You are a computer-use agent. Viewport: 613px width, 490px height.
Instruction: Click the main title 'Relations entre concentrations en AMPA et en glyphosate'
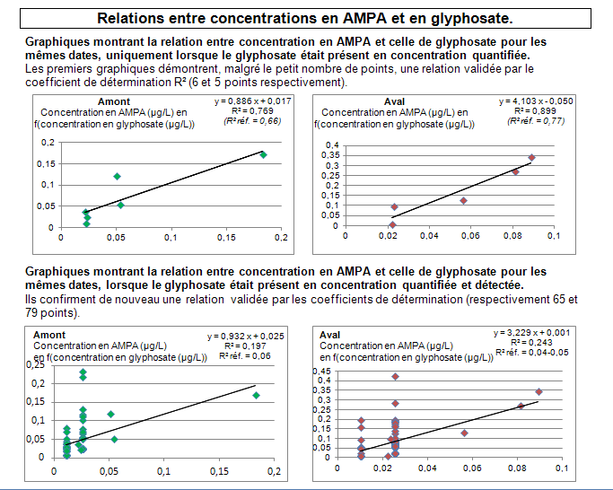pyautogui.click(x=305, y=18)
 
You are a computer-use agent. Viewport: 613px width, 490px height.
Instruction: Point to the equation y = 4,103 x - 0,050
pyautogui.click(x=537, y=101)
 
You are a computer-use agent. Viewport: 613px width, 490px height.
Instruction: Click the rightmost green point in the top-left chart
pyautogui.click(x=264, y=154)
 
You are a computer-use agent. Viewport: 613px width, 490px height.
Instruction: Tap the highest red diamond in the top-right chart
pyautogui.click(x=531, y=157)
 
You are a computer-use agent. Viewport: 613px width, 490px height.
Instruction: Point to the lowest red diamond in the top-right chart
pyautogui.click(x=392, y=225)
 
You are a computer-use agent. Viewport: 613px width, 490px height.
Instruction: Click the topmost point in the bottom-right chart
pyautogui.click(x=395, y=376)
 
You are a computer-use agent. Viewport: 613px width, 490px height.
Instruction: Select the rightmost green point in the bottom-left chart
pyautogui.click(x=256, y=395)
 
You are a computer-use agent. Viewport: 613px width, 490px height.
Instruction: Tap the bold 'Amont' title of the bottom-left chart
pyautogui.click(x=49, y=334)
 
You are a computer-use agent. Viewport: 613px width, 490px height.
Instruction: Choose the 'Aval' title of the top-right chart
pyautogui.click(x=396, y=101)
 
